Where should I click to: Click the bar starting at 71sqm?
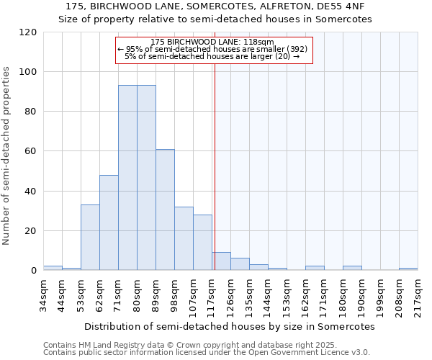127,178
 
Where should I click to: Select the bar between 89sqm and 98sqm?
165,210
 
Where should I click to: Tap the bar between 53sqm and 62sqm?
90,238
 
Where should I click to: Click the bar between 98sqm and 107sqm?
184,238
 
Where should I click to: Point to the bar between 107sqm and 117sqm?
202,243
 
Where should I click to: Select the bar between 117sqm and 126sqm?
221,261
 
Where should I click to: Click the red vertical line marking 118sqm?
215,166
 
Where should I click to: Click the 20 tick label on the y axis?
31,231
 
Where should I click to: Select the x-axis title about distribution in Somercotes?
230,326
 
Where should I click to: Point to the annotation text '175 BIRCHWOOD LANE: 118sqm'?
213,42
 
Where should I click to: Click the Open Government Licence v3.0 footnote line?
207,353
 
